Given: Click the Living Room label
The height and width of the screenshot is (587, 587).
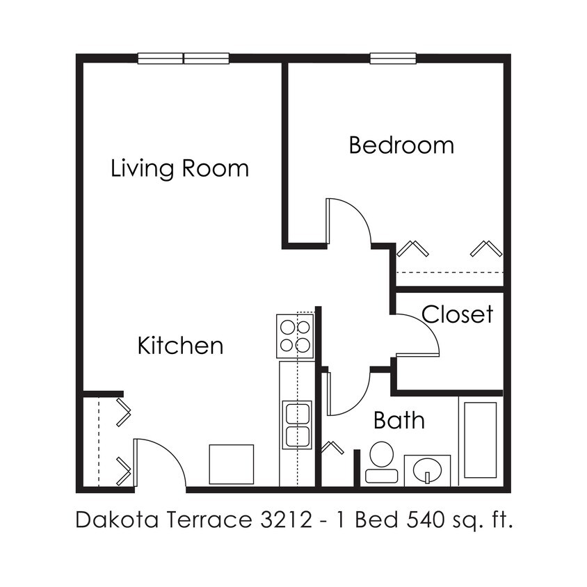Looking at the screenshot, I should [179, 168].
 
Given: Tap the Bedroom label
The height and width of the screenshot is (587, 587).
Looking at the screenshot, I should [401, 145].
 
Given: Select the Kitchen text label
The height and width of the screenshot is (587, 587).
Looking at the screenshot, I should [180, 345].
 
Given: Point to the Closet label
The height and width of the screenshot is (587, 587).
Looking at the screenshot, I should [457, 314].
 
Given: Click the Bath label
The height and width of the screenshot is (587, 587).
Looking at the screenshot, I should [399, 420].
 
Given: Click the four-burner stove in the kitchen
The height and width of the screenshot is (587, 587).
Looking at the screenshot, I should [295, 336].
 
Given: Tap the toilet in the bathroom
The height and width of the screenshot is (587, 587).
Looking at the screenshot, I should [381, 463].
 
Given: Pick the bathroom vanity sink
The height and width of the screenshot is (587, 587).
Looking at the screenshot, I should [426, 471].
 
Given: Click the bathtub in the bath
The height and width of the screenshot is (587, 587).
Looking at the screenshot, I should [480, 440].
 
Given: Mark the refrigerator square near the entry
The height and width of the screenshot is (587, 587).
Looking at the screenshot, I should [232, 464].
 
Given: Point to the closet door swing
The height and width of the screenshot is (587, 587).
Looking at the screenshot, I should [417, 335].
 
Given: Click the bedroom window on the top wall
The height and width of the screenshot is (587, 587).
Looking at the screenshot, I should [393, 58].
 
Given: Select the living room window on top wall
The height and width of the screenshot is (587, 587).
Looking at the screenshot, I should [183, 58].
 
